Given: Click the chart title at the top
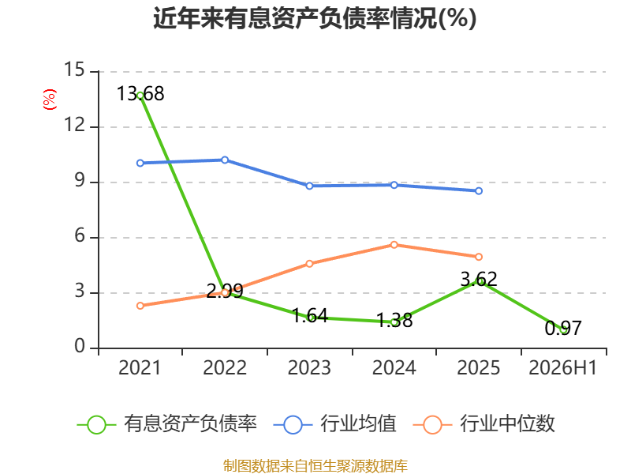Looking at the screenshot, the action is point(315,18).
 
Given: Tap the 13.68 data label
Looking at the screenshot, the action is point(140,94).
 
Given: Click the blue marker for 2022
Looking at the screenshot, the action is point(225,160).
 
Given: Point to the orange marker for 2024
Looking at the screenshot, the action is point(394,245).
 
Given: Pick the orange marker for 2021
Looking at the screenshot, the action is point(140,306).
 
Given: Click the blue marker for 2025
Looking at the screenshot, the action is point(479,190).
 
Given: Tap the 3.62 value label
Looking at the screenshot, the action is point(479,279).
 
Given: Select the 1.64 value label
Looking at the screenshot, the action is point(310,315).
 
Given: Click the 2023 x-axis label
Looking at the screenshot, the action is point(309,367).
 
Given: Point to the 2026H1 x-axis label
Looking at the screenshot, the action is point(563,367).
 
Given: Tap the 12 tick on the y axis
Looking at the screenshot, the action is point(74,125).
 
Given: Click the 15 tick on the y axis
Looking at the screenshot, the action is point(74,70).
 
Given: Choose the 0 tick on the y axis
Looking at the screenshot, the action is point(80,346).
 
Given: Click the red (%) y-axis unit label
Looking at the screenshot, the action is point(50,100).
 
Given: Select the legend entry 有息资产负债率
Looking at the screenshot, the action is point(167,424).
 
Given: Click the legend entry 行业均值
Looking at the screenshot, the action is point(334,424).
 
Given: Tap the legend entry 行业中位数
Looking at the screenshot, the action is point(484,424).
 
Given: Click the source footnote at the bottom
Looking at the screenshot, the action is point(315,466).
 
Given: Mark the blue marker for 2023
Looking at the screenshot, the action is point(309,186).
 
